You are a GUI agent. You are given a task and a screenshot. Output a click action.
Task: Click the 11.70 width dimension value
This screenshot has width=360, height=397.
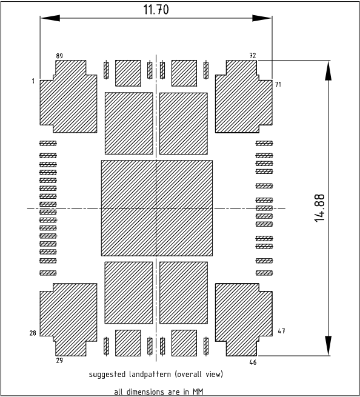click(x=156, y=10)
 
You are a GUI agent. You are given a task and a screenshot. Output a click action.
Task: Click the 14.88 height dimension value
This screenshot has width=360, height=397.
click(x=319, y=208)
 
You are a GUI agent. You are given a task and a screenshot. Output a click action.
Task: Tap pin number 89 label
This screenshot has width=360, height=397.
click(x=59, y=56)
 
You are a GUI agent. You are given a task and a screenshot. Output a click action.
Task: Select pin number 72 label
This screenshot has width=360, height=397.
click(x=253, y=55)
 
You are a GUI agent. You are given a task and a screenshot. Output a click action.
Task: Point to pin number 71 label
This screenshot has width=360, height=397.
click(x=278, y=84)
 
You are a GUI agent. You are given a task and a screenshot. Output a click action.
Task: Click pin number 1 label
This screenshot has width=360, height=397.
click(x=33, y=81)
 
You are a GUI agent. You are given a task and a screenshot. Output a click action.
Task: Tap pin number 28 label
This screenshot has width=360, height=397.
click(x=33, y=333)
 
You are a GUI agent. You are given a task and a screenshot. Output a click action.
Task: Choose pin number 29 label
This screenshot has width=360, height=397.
click(x=59, y=360)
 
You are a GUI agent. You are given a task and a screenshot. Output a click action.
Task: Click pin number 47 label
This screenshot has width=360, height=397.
click(x=281, y=331)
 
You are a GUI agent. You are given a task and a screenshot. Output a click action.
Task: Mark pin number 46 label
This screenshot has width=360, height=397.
click(x=253, y=362)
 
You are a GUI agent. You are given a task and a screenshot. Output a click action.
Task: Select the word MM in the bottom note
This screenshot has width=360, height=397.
click(x=198, y=392)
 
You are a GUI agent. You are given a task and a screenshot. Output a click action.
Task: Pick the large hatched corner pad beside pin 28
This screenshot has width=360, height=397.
click(x=68, y=320)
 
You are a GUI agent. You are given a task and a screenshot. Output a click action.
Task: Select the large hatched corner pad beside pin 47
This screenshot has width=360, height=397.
click(x=244, y=320)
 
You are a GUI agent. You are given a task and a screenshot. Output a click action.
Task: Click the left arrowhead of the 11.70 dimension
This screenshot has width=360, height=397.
click(x=50, y=18)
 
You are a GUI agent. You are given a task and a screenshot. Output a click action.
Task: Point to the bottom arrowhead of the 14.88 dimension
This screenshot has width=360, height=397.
click(x=328, y=346)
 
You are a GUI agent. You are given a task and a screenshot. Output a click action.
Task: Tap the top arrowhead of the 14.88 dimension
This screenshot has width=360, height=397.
click(x=328, y=70)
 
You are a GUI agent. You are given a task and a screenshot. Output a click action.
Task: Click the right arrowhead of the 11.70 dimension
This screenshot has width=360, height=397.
click(x=262, y=18)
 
